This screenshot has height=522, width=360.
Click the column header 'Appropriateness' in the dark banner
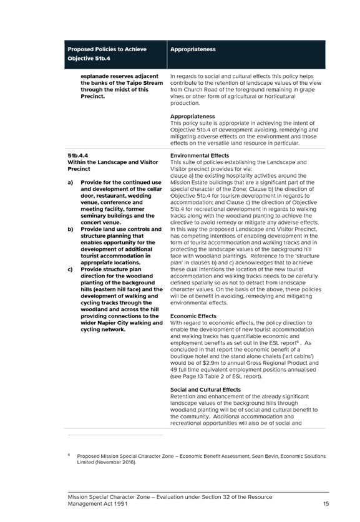[x=193, y=49]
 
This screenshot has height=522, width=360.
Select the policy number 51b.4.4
[x=77, y=155]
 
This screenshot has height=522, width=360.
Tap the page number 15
[x=326, y=504]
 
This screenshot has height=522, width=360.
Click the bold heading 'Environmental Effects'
[x=200, y=155]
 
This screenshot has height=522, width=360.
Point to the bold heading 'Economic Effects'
[x=193, y=316]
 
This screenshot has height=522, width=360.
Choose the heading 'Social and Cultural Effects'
[x=205, y=390]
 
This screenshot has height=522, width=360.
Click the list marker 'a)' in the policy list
[x=71, y=183]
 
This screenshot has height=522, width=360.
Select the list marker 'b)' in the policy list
[x=71, y=230]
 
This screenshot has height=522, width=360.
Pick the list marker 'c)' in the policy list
[x=71, y=269]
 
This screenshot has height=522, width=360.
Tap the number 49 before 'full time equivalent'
[x=173, y=370]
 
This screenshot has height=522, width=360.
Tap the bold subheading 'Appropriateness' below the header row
[x=193, y=116]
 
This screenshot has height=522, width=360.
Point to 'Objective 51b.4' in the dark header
[x=89, y=59]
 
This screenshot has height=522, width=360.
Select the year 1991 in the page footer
[x=121, y=504]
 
